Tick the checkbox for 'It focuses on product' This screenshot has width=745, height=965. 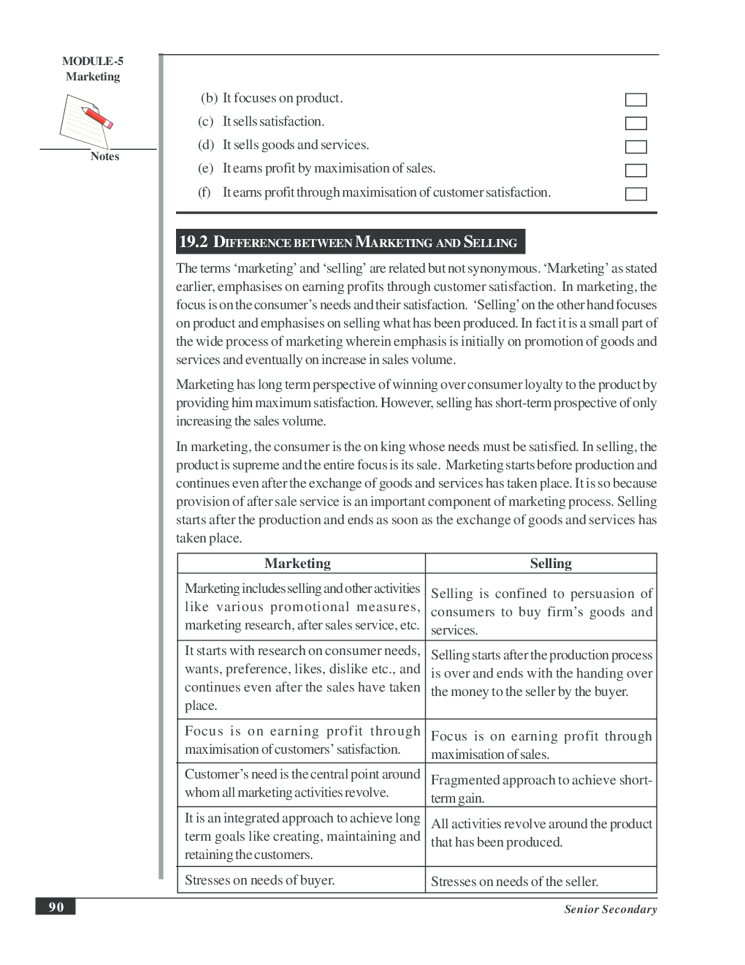click(635, 100)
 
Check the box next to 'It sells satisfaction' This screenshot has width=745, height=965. click(635, 124)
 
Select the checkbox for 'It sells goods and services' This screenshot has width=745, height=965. click(635, 147)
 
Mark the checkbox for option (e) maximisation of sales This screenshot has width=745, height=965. click(635, 170)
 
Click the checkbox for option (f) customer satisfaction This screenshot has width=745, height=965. click(635, 194)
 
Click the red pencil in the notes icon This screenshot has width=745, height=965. click(96, 118)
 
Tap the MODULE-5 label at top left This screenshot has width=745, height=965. click(93, 61)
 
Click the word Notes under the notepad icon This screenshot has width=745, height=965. click(104, 156)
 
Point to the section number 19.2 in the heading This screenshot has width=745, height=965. click(194, 242)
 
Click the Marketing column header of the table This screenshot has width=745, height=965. click(297, 564)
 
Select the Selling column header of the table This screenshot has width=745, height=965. click(551, 564)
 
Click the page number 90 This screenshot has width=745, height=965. click(56, 907)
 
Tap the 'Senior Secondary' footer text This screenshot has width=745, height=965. click(610, 909)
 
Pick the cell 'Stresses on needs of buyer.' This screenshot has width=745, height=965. click(259, 880)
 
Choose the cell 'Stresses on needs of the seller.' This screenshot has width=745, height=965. click(514, 882)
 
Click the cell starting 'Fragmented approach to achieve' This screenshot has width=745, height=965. click(540, 789)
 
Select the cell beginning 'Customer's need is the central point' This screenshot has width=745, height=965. click(302, 783)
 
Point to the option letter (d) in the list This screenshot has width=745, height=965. click(206, 145)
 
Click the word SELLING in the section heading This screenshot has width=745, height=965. click(490, 243)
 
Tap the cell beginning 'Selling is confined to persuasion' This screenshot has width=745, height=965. click(540, 612)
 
